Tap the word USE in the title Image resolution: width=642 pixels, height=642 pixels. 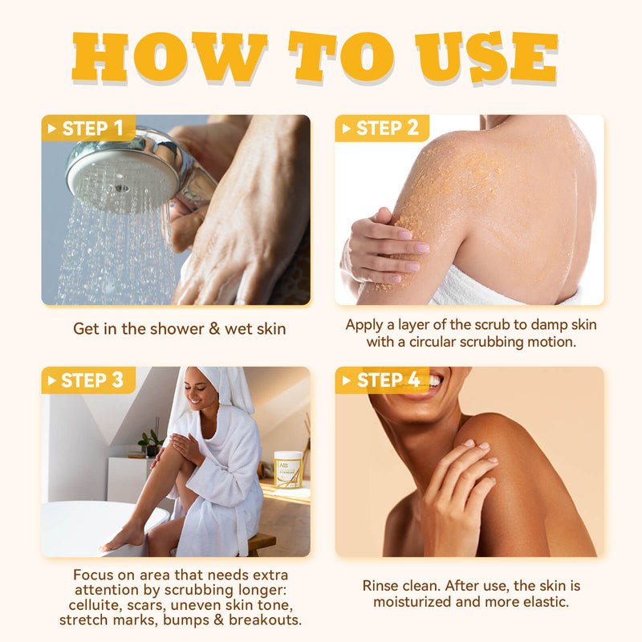coord(486,56)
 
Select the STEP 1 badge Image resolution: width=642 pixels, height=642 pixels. coord(88,128)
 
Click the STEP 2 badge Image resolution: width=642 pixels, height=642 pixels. coord(382,128)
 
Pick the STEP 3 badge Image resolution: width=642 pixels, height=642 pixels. coord(88,380)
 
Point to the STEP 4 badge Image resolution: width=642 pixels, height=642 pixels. coord(382,380)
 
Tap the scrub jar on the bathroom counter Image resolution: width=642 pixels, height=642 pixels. coord(288,469)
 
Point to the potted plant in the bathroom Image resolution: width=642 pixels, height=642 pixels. coord(150,443)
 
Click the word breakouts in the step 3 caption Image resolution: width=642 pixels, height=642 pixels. coord(265,620)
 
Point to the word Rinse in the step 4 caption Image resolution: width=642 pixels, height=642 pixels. coord(380,586)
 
